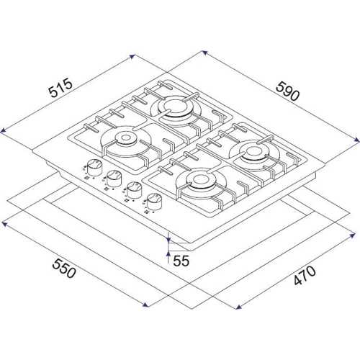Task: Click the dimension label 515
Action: click(60, 87)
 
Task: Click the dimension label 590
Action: click(288, 91)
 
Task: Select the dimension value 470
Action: click(305, 275)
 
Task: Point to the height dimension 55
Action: click(181, 261)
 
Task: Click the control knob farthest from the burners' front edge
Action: click(94, 166)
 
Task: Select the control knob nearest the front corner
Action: click(153, 201)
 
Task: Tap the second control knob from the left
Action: click(114, 178)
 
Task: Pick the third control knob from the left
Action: click(134, 189)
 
